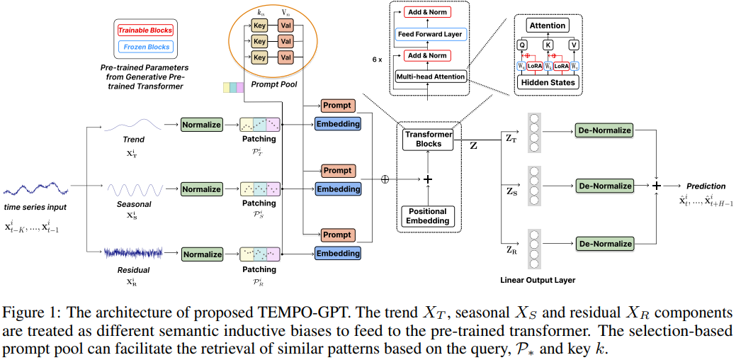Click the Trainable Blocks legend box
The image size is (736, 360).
pos(145,30)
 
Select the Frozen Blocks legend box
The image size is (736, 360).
pos(146,47)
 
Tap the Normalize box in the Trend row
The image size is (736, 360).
pos(201,125)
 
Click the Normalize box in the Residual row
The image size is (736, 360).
pos(201,254)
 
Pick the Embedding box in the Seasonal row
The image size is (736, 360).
pos(338,189)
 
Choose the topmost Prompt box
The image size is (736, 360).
pos(337,106)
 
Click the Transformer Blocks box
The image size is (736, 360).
pos(427,139)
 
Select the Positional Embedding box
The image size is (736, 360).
pos(427,216)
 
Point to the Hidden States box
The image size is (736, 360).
pos(548,82)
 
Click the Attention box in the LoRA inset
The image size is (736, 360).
pos(548,26)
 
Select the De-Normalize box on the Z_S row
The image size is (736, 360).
pos(604,186)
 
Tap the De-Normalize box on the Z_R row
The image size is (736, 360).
pos(604,244)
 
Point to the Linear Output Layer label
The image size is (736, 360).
pos(538,280)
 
